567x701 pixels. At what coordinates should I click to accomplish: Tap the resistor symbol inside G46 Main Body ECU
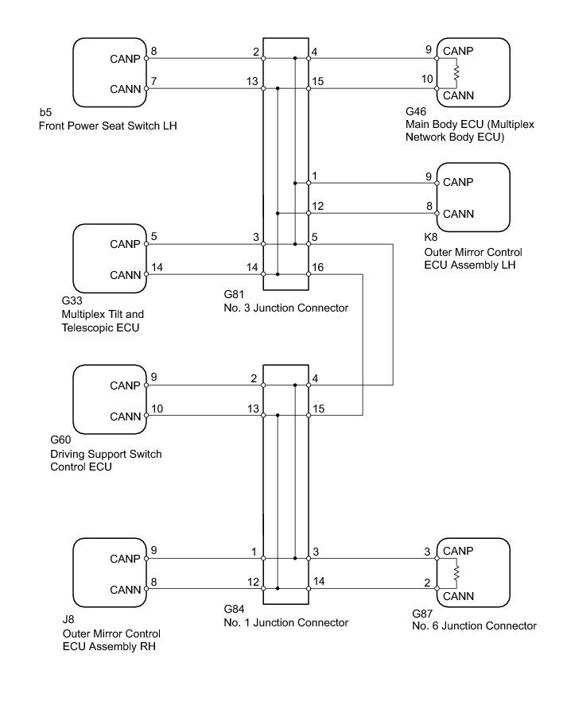coord(456,73)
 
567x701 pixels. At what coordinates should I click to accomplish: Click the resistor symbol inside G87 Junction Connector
coord(456,571)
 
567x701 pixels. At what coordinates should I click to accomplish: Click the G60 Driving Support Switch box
coord(110,400)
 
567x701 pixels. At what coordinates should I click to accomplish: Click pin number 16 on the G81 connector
coord(318,267)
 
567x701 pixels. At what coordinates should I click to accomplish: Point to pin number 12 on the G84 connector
coord(252,582)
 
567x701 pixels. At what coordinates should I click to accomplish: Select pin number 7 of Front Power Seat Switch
coord(154,82)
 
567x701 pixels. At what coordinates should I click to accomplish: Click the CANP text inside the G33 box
coord(125,244)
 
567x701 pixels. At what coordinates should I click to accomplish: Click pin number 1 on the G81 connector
coord(316,176)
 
